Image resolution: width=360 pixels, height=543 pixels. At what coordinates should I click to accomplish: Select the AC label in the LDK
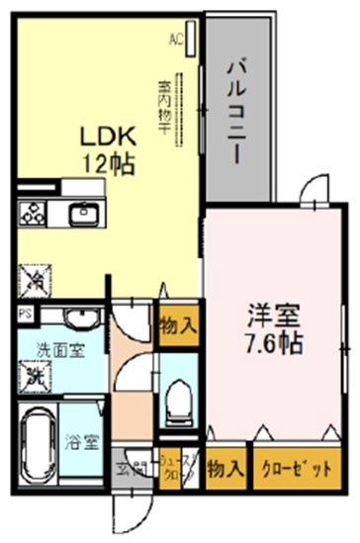pyautogui.click(x=177, y=42)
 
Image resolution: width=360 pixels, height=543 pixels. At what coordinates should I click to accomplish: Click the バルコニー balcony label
pyautogui.click(x=237, y=104)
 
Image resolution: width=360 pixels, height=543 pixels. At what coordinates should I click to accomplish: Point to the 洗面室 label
pyautogui.click(x=59, y=349)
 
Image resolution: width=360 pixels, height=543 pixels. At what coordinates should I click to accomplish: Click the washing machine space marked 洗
pyautogui.click(x=34, y=377)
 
